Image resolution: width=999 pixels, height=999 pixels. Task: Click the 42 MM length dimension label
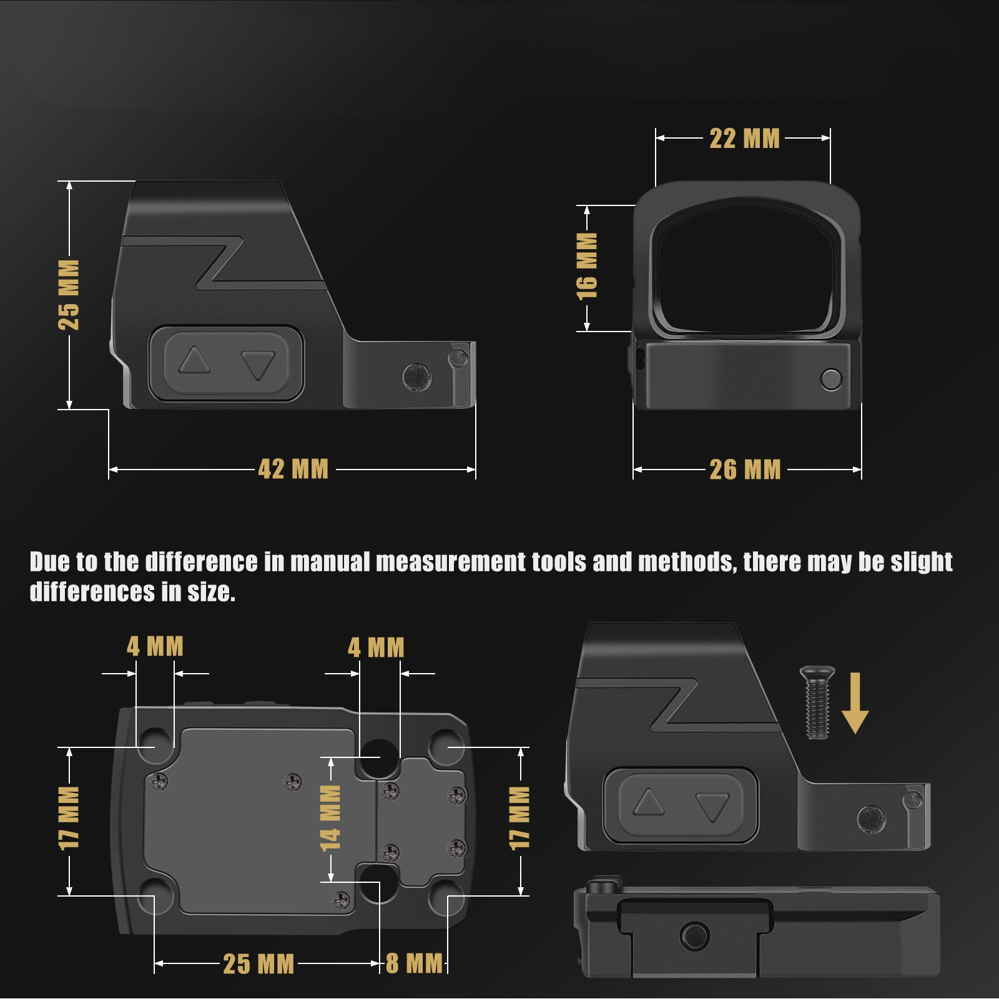click(293, 469)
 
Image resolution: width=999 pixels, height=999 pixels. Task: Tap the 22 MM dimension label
click(745, 139)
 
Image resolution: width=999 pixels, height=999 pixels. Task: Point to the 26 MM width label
click(746, 470)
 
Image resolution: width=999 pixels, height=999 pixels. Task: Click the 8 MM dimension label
click(415, 963)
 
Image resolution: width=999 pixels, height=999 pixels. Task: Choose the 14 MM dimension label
click(330, 818)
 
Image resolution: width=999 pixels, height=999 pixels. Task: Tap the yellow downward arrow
click(855, 703)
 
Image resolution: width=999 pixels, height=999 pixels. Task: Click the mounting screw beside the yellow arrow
click(817, 703)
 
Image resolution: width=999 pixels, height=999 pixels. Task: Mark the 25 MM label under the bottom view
click(258, 964)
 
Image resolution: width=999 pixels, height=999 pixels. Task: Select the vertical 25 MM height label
click(69, 295)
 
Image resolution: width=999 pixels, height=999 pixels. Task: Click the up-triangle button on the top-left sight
click(194, 360)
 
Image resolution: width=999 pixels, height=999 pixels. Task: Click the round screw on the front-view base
click(831, 379)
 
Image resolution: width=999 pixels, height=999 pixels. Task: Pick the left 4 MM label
click(155, 646)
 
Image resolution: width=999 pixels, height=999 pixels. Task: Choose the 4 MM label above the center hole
click(376, 647)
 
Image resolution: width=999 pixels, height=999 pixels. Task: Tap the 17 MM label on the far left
click(69, 818)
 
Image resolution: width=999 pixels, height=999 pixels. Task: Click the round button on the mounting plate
click(694, 936)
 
